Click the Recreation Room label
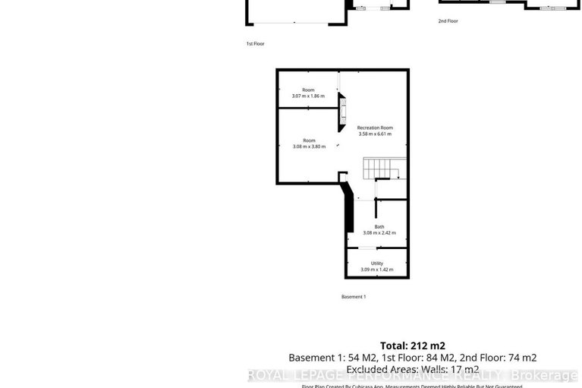pos(375,128)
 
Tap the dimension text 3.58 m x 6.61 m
pos(375,134)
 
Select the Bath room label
pos(379,226)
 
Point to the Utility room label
pos(377,263)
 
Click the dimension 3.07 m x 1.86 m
pos(308,96)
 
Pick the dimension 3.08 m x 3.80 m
pos(309,146)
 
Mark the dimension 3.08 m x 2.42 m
pos(379,232)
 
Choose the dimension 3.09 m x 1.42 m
pos(377,270)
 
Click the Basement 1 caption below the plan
pos(354,296)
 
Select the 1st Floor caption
pos(254,45)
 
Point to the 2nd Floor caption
pos(448,21)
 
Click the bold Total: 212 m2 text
pos(412,344)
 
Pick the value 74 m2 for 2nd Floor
pos(521,357)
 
